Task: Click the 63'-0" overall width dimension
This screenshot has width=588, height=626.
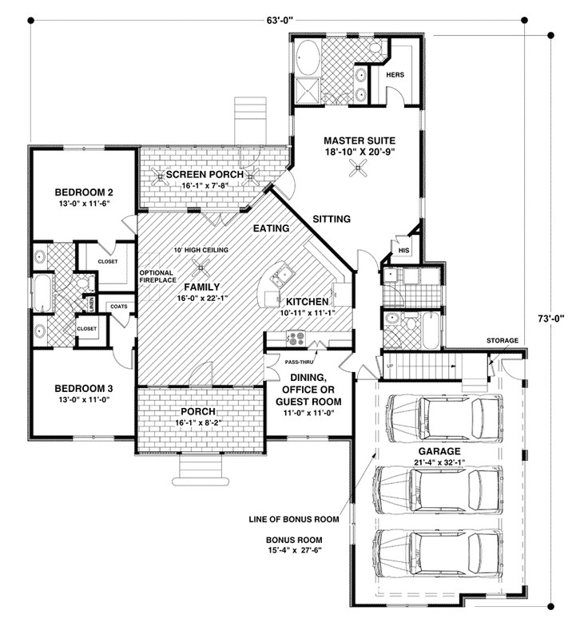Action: pos(280,20)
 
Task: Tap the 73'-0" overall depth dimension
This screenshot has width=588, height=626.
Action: pos(550,319)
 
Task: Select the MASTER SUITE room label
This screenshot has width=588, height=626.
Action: pos(360,141)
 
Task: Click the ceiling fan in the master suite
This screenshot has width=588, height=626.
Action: pos(358,168)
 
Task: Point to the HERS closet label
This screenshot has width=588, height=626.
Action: pos(395,75)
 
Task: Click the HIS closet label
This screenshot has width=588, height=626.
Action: pos(404,251)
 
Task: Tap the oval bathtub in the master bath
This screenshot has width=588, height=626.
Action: pos(308,57)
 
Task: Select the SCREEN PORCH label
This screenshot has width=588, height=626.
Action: pos(205,174)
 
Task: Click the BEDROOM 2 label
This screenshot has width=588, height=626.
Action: pos(84,192)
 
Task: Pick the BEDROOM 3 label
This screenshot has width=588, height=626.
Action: pos(84,388)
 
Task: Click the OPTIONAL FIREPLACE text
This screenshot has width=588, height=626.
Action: pos(158,276)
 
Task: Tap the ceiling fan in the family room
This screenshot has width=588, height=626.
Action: pos(200,267)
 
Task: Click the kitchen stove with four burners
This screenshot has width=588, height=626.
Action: pos(296,339)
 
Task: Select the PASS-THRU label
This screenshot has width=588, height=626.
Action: pos(299,363)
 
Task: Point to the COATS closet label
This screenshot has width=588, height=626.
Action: pos(119,307)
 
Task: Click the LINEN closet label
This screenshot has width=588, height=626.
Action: pos(91,305)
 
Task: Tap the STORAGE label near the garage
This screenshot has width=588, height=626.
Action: pos(502,340)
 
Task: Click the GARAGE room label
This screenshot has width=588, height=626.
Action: pos(439,451)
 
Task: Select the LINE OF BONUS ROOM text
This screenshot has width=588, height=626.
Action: pos(294,519)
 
